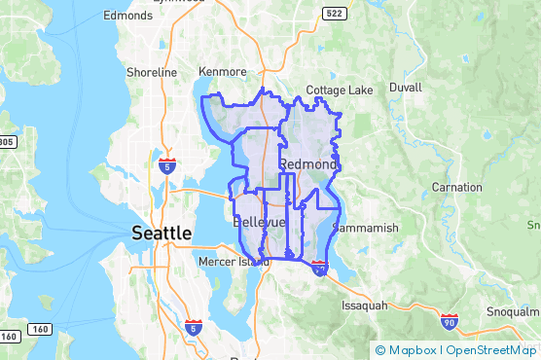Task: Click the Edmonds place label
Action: coord(128,16)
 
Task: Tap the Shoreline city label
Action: coord(152,73)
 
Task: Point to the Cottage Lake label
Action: coord(340,90)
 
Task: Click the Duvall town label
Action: coord(405,87)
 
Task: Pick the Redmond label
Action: coord(308,164)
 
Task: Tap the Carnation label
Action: coord(457,187)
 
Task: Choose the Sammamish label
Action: coord(366,228)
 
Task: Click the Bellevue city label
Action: coord(260,223)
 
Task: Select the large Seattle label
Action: coord(162,234)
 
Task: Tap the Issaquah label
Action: coord(364,305)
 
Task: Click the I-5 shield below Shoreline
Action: coord(167,166)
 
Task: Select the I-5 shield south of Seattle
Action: coord(193,328)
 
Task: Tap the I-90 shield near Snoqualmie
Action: coord(449,321)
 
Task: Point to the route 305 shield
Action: coord(5,142)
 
